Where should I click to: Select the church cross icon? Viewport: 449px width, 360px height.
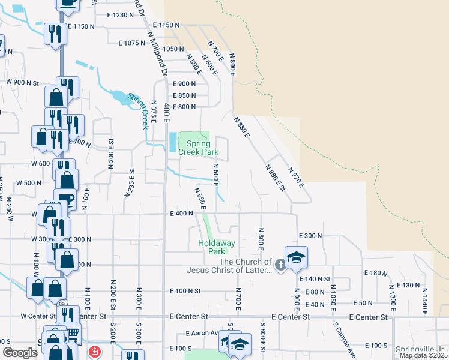(280, 264)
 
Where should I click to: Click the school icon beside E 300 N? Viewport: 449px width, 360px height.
(296, 257)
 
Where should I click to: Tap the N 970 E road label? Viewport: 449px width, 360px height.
(297, 177)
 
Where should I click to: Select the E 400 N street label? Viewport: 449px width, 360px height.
(181, 213)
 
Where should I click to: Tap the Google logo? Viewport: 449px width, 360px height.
(20, 353)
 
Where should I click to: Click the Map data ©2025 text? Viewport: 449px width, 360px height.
(423, 355)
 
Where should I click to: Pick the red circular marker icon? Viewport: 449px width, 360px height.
(94, 352)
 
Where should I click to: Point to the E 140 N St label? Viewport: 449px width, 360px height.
(315, 279)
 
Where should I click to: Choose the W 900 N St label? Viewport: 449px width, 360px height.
(22, 82)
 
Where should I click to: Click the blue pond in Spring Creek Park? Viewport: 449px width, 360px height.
(173, 142)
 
